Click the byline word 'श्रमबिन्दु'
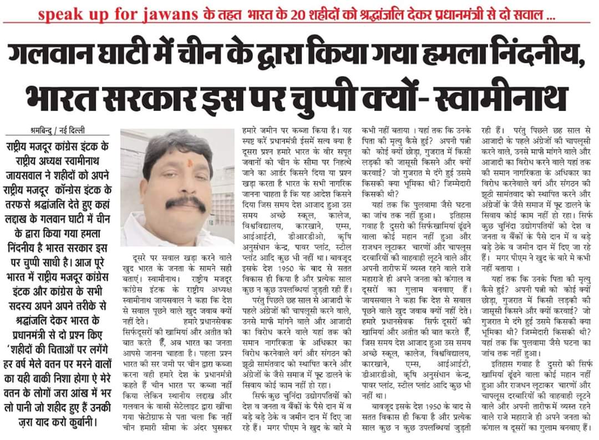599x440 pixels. pyautogui.click(x=42, y=132)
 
